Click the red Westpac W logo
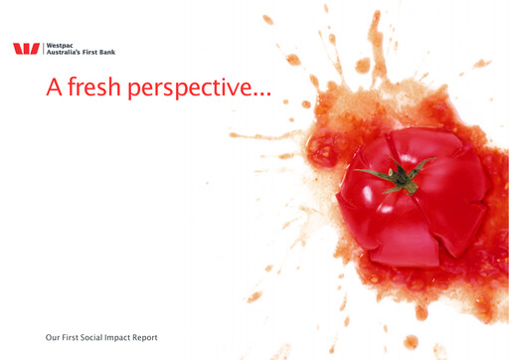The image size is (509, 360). (x=27, y=48)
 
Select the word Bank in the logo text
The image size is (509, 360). (x=116, y=52)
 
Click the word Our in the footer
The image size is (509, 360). (x=53, y=338)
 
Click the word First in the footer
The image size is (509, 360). (x=74, y=338)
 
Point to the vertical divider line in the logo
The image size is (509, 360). (x=43, y=48)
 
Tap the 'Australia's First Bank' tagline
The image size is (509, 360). (x=87, y=52)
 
